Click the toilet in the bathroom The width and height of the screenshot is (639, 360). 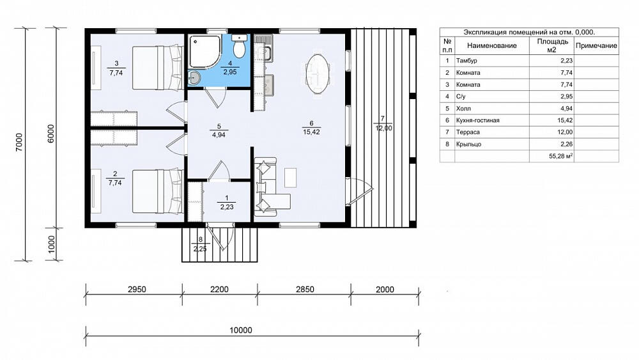[x=239, y=45]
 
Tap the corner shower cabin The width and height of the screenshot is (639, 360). [x=205, y=51]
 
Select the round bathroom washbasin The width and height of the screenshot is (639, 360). [x=195, y=77]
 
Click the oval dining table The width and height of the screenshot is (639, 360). [x=318, y=74]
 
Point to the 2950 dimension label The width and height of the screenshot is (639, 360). [x=137, y=290]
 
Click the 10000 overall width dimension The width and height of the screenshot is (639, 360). [x=241, y=330]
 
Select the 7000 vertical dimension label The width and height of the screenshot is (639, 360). [x=19, y=143]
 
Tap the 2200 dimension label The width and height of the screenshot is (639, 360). [x=219, y=290]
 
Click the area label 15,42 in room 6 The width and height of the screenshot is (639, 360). [x=311, y=132]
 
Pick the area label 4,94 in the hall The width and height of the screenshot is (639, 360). [x=219, y=135]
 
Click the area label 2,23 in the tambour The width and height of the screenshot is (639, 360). [x=227, y=207]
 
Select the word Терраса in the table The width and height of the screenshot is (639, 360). [x=468, y=132]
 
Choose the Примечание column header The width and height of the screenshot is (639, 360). [x=596, y=45]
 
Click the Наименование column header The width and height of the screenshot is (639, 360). [x=492, y=45]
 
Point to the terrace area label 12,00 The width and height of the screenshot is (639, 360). [x=383, y=128]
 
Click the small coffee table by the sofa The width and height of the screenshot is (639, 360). [x=291, y=178]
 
